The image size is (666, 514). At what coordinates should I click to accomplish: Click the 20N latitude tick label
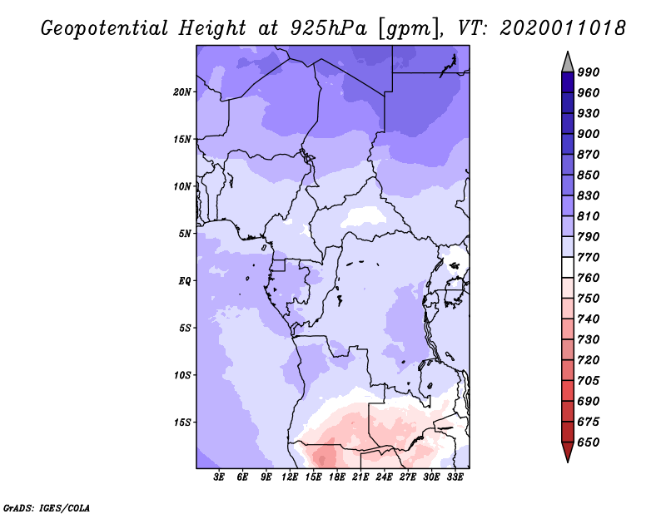pos(182,91)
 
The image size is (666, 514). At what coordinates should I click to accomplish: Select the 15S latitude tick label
pos(182,422)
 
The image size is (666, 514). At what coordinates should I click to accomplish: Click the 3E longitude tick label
pos(219,477)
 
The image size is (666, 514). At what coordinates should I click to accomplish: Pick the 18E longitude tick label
pos(337,477)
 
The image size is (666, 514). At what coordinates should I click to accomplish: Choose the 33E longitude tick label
pos(455,477)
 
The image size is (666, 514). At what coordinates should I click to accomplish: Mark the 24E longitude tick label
pos(385,477)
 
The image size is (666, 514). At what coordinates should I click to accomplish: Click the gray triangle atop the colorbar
pos(568,62)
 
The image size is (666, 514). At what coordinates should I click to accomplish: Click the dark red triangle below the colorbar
pos(568,452)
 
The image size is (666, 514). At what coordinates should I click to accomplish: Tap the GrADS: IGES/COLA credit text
pos(47,507)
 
